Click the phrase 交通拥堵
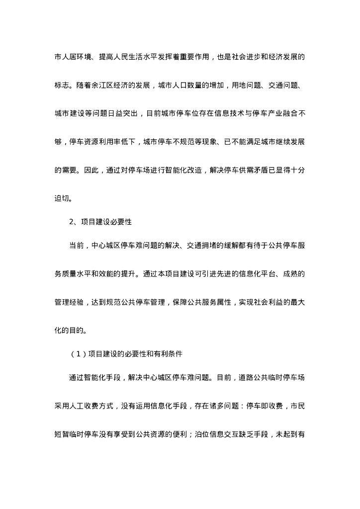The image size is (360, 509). pos(203,245)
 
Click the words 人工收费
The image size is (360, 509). pos(86,406)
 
